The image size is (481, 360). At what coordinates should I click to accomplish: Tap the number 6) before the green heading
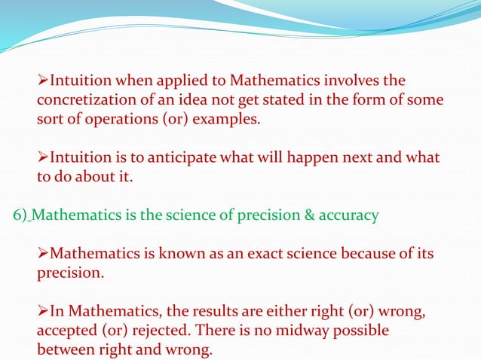tap(21, 215)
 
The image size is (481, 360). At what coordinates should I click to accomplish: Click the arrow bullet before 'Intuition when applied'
tap(43, 81)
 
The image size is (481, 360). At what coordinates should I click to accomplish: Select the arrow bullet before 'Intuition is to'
tap(43, 159)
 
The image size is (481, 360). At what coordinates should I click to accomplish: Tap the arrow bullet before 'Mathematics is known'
tap(43, 253)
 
